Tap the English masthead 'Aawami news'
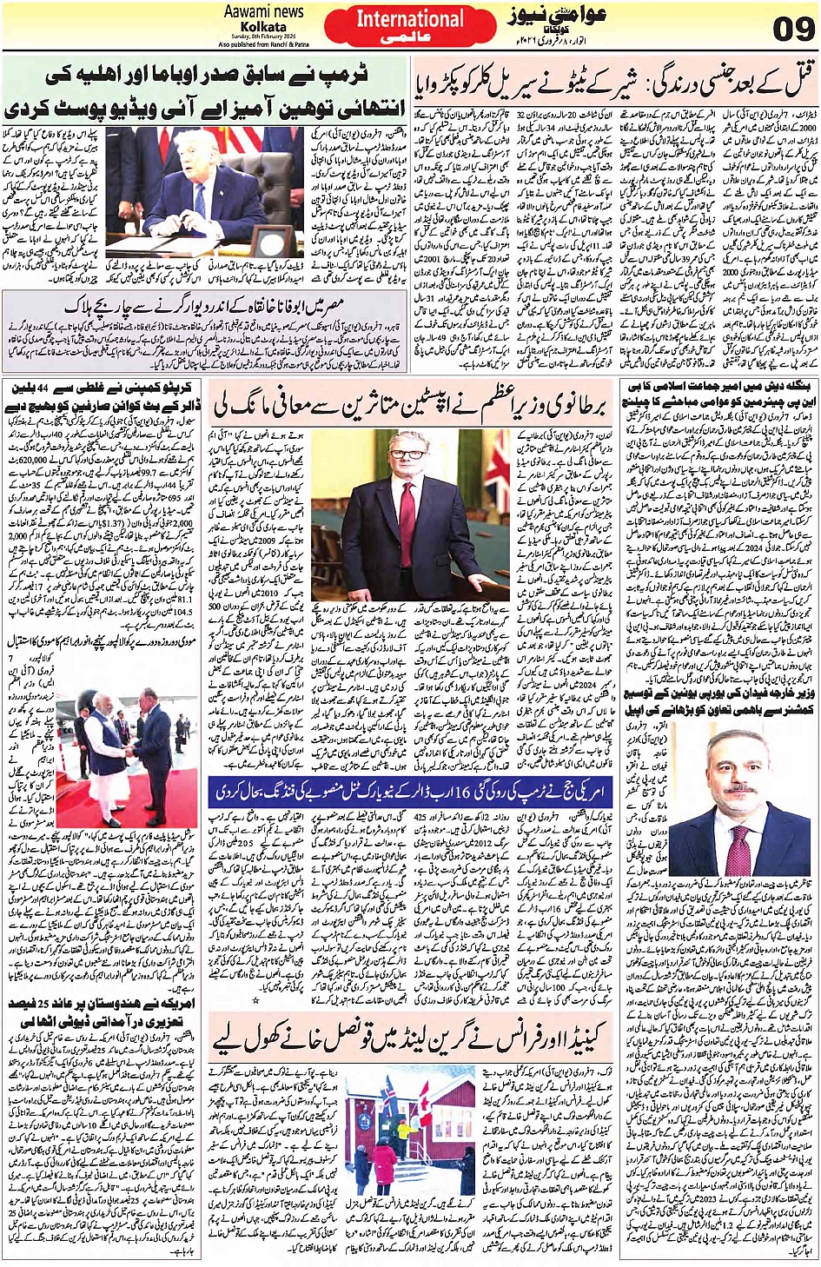(x=263, y=11)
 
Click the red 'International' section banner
(x=410, y=19)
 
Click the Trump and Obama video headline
(x=205, y=92)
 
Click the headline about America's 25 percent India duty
(x=103, y=1012)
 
